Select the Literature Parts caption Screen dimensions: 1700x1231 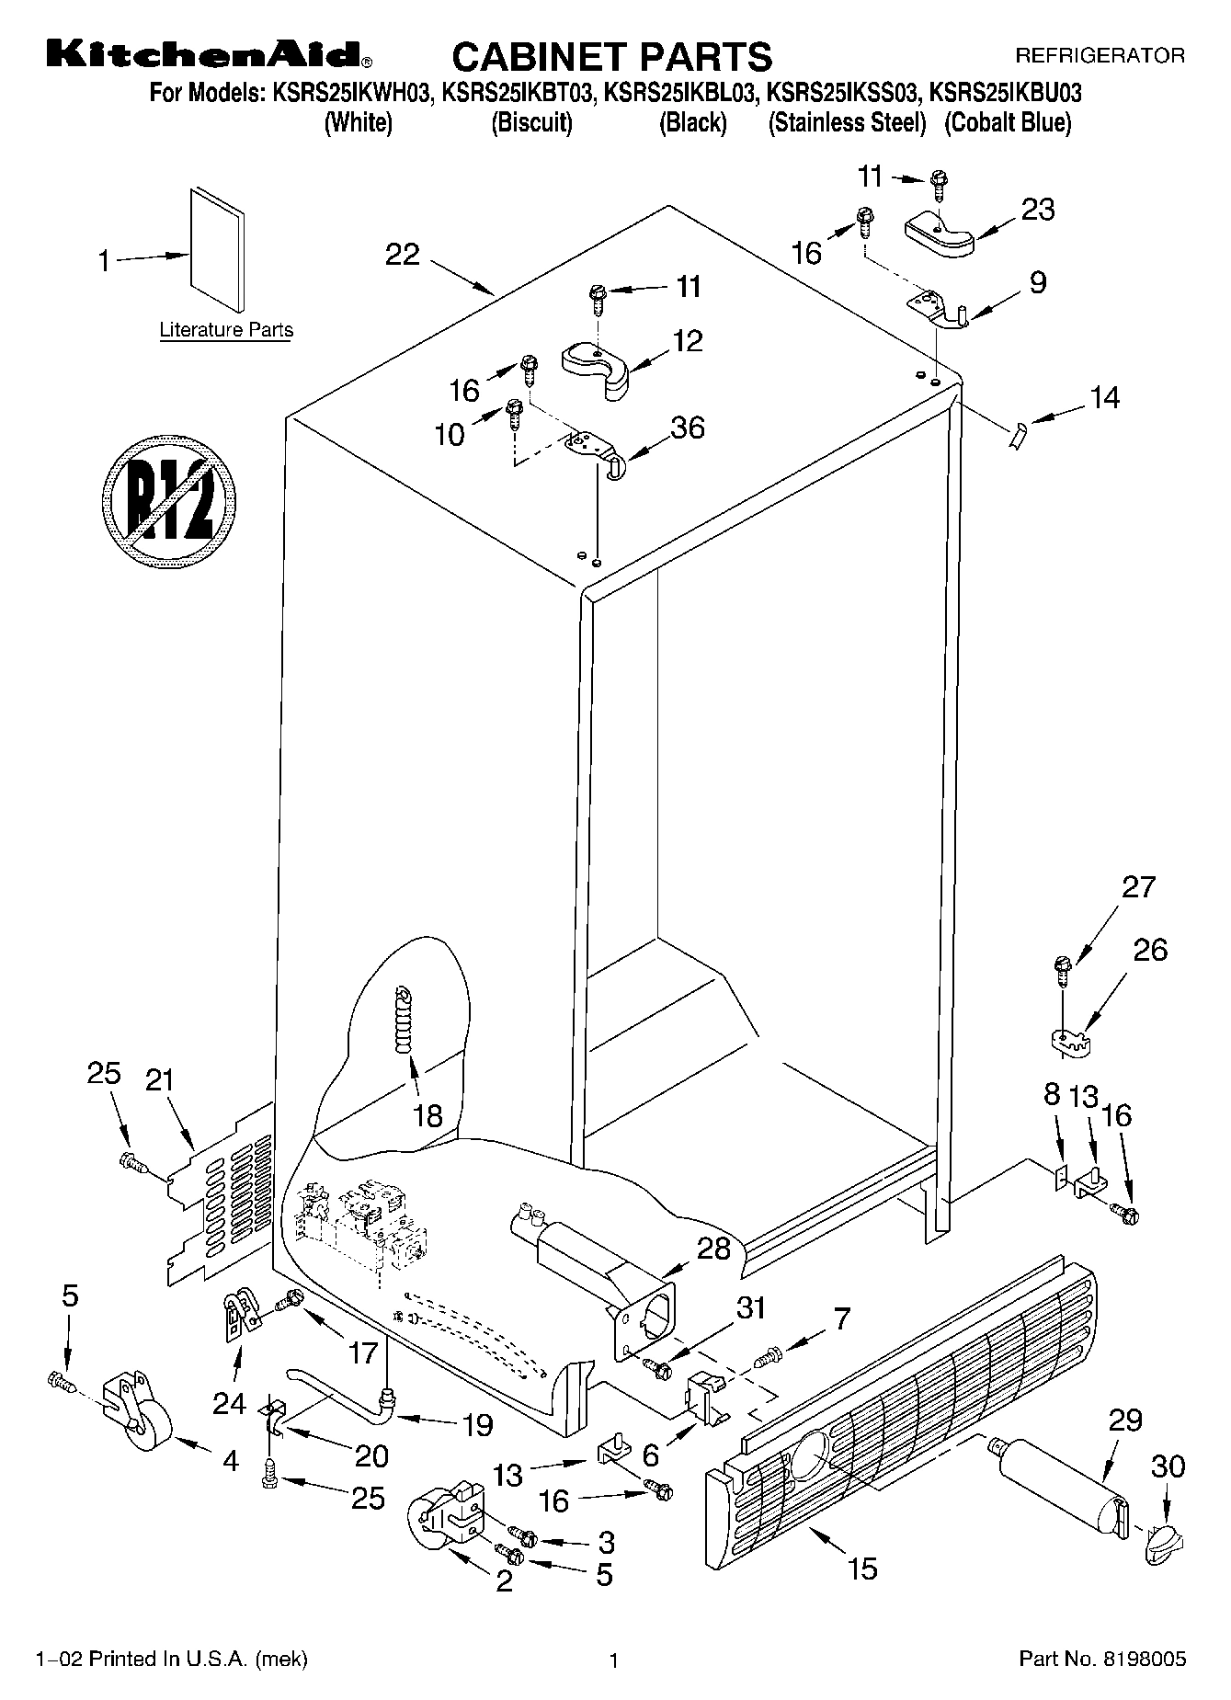[x=226, y=330]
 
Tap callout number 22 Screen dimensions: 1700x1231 [x=403, y=255]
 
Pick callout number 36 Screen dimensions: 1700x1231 [x=688, y=428]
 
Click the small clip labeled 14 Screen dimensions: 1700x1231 [x=1016, y=436]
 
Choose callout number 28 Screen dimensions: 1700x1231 [x=714, y=1249]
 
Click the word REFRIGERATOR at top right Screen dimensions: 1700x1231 [x=1100, y=56]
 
